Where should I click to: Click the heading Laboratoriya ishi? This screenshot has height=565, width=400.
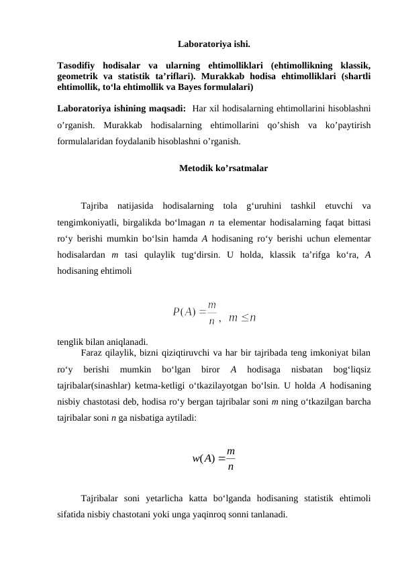(214, 46)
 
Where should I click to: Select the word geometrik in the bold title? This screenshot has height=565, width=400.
(80, 76)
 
